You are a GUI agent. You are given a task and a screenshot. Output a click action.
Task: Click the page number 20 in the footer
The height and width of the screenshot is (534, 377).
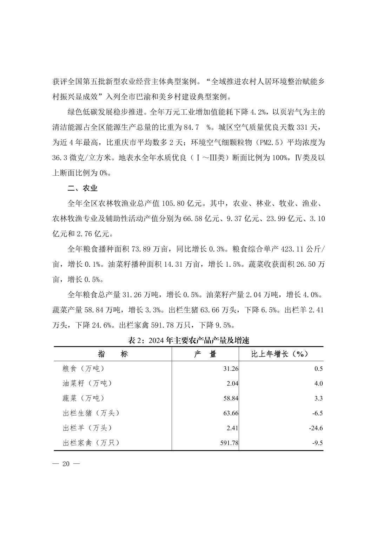(66, 464)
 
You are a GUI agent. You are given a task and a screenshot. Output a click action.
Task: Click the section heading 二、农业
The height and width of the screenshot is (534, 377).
(82, 188)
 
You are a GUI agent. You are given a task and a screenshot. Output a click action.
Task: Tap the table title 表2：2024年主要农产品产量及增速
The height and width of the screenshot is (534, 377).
(188, 340)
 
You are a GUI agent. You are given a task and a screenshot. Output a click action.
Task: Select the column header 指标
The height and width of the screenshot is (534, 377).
(113, 354)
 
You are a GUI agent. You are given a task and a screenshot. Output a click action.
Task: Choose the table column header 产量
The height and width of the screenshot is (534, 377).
(205, 354)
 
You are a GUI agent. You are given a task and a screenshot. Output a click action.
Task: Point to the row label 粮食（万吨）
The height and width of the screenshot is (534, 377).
(83, 369)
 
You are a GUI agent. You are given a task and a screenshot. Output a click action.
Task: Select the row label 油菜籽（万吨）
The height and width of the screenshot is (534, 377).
(87, 384)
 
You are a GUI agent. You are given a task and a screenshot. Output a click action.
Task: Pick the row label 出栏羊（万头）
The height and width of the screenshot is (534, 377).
(87, 428)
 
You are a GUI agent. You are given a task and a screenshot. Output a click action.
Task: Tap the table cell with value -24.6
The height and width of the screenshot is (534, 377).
(317, 428)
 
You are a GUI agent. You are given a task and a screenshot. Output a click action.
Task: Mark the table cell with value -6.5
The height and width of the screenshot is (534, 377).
(317, 413)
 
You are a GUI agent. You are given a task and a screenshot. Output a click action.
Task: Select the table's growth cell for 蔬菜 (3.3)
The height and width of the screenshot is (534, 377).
(318, 398)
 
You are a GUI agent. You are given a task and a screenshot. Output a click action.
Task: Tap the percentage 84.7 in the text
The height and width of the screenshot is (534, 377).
(192, 127)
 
